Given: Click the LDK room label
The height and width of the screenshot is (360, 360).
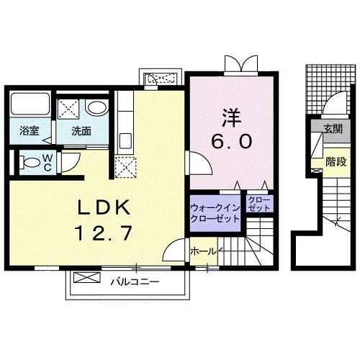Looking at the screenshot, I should (102, 208).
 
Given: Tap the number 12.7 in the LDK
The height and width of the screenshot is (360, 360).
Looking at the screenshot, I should (102, 233).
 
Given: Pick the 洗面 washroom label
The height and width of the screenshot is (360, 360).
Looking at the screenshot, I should (81, 131).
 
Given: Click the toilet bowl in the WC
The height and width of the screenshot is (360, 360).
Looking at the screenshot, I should (30, 161).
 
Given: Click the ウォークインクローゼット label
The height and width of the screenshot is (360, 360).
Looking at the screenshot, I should (215, 213).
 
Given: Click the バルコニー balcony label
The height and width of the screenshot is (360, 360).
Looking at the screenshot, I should (135, 281).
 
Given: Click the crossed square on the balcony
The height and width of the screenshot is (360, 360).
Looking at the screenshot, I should (84, 277).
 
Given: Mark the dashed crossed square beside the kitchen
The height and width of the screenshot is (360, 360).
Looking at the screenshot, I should (126, 166).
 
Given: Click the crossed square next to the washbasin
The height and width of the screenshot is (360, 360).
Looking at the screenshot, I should (71, 108).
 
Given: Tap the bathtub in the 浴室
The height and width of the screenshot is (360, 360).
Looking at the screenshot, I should (30, 107).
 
